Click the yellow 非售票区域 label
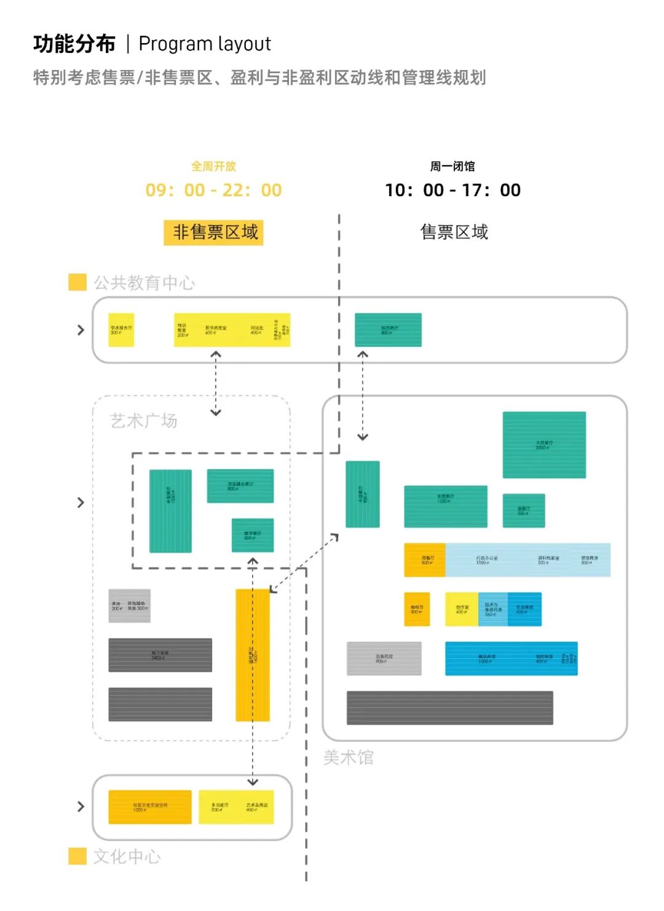[x=213, y=233]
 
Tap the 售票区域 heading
[x=454, y=232]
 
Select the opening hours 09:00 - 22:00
[x=213, y=190]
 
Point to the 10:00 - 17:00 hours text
[x=453, y=190]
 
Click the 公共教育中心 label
[x=144, y=283]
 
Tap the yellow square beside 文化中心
[x=77, y=856]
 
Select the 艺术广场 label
[x=143, y=421]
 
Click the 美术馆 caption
[x=348, y=757]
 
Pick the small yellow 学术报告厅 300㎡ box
[x=121, y=330]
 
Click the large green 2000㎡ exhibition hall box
[x=544, y=445]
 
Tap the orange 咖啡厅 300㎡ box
[x=417, y=609]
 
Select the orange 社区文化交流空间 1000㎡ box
[x=150, y=807]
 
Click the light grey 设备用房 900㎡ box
[x=384, y=659]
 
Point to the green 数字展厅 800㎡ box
[x=253, y=535]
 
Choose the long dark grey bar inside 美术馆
[x=449, y=707]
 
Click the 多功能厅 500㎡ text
[x=219, y=807]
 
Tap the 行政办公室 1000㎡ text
[x=486, y=560]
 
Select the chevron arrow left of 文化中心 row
[x=81, y=806]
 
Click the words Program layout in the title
[x=205, y=44]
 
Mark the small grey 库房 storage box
[x=129, y=606]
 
